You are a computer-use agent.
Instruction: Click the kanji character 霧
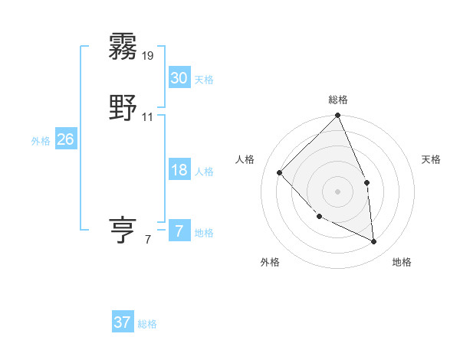(x=123, y=47)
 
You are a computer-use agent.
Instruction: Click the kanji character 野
(x=123, y=108)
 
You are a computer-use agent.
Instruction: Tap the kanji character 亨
(x=123, y=231)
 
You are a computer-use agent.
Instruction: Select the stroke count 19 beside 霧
(x=148, y=56)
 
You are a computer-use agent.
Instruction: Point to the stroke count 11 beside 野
(x=148, y=117)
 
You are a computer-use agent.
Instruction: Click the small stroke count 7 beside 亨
(x=148, y=240)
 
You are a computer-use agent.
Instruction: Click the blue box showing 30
(x=179, y=78)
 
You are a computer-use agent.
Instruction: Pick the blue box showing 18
(x=179, y=170)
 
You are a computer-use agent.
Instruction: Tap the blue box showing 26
(x=65, y=139)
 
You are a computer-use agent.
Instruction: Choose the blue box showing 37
(x=122, y=322)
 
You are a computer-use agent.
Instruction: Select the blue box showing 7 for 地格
(x=179, y=231)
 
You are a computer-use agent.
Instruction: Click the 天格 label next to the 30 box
(x=204, y=80)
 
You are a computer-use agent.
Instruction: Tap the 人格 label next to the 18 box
(x=204, y=172)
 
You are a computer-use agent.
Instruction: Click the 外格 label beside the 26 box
(x=41, y=141)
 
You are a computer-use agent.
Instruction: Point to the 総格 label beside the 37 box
(x=147, y=324)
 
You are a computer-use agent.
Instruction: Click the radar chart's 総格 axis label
(x=338, y=100)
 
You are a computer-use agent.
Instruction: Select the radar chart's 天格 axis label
(x=431, y=159)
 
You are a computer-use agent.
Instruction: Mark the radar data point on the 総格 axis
(x=338, y=116)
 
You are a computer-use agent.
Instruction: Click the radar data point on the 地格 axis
(x=374, y=242)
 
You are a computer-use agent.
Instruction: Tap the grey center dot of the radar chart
(x=337, y=191)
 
